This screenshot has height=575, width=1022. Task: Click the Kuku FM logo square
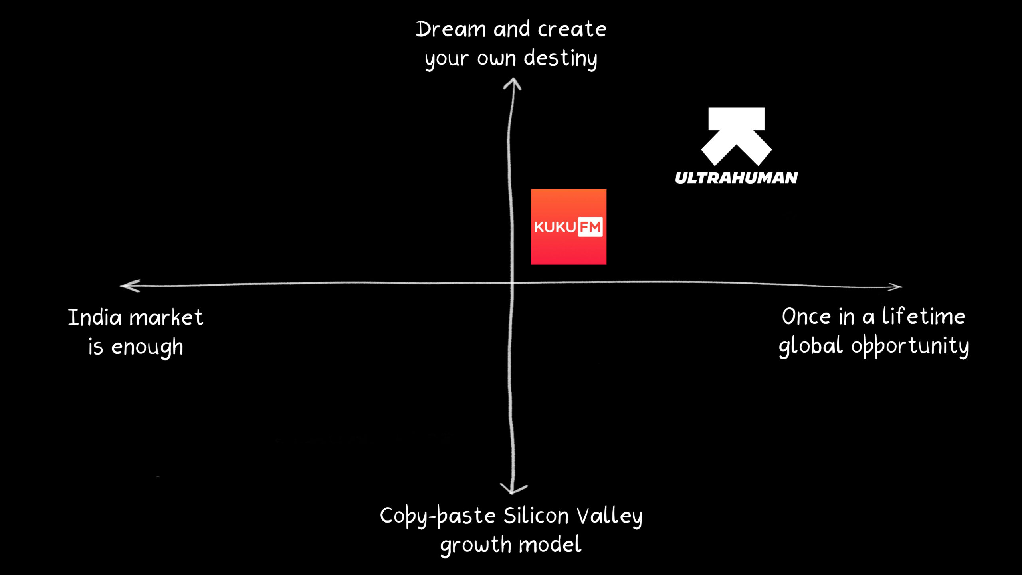pyautogui.click(x=568, y=227)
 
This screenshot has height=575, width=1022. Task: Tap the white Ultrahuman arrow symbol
pyautogui.click(x=737, y=137)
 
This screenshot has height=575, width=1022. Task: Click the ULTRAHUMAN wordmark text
pyautogui.click(x=737, y=178)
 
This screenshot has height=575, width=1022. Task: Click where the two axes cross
pyautogui.click(x=512, y=283)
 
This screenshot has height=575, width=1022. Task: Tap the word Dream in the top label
pyautogui.click(x=450, y=30)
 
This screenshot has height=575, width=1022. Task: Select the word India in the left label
pyautogui.click(x=95, y=318)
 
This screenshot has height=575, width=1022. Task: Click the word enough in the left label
pyautogui.click(x=147, y=347)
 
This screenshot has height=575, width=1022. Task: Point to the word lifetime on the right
pyautogui.click(x=924, y=317)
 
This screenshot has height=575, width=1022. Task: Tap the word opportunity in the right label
pyautogui.click(x=910, y=347)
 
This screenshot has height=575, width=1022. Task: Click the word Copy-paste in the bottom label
pyautogui.click(x=438, y=517)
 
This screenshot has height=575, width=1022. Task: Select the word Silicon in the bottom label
pyautogui.click(x=536, y=516)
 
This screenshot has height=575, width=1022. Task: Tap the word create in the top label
pyautogui.click(x=572, y=30)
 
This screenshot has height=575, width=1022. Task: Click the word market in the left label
pyautogui.click(x=166, y=318)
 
